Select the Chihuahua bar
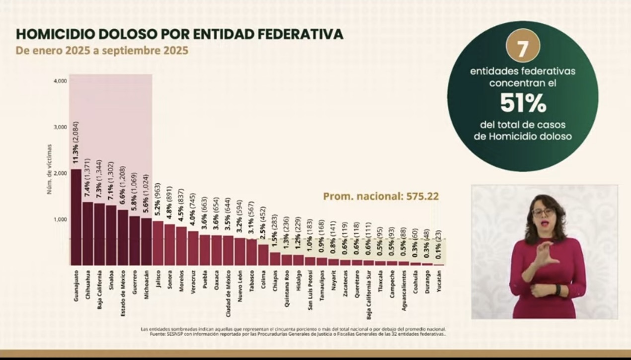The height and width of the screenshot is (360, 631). [x=88, y=233]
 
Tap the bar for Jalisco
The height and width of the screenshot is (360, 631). [x=158, y=243]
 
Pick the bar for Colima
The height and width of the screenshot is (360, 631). [x=263, y=254]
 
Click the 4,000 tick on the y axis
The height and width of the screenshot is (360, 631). [x=60, y=80]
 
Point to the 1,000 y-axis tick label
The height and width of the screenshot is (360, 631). [x=60, y=219]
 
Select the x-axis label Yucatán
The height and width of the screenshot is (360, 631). [x=439, y=280]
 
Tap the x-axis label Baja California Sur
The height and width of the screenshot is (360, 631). [x=369, y=293]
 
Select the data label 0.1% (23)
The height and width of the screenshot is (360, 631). [x=439, y=245]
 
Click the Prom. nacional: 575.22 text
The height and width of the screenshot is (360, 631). [x=381, y=196]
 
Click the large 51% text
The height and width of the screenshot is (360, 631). [x=523, y=103]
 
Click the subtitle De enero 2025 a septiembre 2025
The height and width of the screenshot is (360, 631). [x=102, y=51]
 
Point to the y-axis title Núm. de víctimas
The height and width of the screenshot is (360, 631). [x=50, y=169]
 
